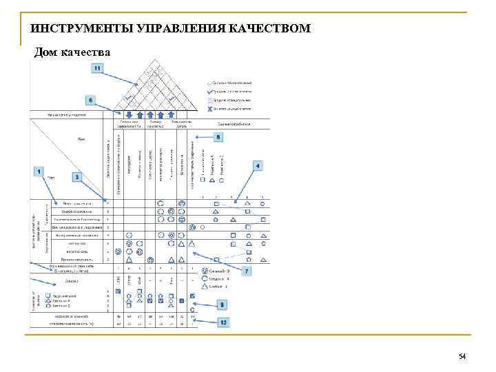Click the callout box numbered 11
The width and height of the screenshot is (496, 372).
coord(98,68)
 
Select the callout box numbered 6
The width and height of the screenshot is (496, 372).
coord(90,99)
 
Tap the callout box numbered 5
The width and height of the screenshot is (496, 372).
coord(218,138)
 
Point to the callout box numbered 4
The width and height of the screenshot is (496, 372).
coord(257,166)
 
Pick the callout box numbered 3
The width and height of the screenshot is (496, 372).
coord(77,177)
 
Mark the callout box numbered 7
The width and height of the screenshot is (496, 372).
coord(247,271)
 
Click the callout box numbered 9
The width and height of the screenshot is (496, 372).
coord(221,304)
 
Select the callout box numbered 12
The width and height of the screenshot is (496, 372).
coord(223,322)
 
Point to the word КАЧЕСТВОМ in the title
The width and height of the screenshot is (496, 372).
coord(272,29)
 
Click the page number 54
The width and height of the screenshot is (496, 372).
coord(462,356)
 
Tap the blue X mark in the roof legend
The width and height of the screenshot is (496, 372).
coord(209,108)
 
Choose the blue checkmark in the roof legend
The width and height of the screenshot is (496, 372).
coord(209,90)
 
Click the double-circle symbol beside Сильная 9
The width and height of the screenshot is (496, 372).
coord(205,271)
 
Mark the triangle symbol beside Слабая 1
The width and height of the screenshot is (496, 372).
coord(205,285)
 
